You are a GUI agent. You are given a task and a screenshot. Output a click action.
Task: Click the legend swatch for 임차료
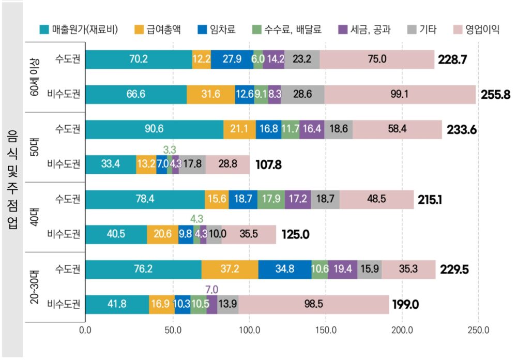[202, 29]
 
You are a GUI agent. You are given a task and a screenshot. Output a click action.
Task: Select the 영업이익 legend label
[482, 29]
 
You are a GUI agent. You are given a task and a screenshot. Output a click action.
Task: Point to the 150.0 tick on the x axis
[326, 330]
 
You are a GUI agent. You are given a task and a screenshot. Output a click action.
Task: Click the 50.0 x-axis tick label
[173, 330]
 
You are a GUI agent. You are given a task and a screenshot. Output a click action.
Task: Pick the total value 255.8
[495, 95]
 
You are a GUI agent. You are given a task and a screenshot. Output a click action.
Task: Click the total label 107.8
[268, 164]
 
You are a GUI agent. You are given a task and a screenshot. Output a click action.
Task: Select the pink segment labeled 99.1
[400, 94]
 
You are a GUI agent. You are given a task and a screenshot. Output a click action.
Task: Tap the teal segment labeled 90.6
[154, 129]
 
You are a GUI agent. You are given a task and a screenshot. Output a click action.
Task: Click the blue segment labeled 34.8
[285, 269]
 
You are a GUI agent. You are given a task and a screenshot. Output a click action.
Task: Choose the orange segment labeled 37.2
[230, 269]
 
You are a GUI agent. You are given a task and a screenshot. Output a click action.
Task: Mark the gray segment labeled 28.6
[302, 94]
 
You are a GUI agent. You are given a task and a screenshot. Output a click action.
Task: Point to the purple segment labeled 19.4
[343, 269]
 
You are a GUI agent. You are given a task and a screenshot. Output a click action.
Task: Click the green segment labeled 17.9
[271, 199]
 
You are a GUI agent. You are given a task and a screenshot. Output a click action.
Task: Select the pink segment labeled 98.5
[314, 304]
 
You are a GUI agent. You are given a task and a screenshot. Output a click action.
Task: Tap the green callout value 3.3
[170, 150]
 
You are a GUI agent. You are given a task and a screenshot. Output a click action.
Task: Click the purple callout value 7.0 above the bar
[211, 289]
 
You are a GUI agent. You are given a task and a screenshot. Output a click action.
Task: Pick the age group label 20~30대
[35, 287]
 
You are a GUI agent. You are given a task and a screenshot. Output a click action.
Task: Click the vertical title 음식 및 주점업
[12, 180]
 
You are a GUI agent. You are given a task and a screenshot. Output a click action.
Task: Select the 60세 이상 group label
[35, 77]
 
